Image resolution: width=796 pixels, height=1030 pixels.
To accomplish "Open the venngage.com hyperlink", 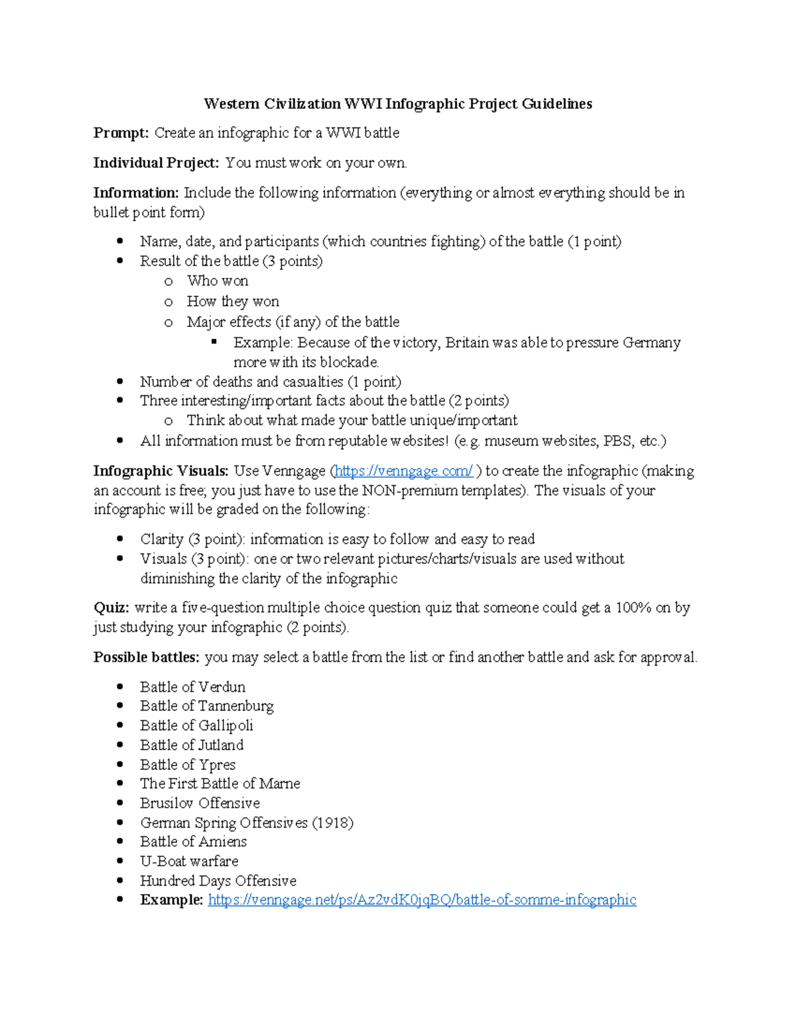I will point(404,471).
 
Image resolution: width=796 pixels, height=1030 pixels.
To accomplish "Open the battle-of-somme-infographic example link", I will point(422,900).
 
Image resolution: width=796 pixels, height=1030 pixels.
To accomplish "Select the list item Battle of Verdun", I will point(192,687).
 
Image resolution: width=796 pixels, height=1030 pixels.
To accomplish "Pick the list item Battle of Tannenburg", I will point(206,706).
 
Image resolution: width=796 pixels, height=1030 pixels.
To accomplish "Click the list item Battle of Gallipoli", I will point(196,726).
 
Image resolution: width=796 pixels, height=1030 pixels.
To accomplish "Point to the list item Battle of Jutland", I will point(192,745).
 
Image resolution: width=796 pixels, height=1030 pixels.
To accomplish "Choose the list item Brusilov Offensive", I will point(200,803).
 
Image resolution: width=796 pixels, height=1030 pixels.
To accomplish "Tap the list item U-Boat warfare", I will point(189,862).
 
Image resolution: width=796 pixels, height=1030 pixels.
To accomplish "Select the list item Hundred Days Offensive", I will point(218,881).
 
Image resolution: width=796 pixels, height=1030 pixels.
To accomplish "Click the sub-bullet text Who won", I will point(218,281).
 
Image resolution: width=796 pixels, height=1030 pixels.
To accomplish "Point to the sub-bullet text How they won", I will point(233,302).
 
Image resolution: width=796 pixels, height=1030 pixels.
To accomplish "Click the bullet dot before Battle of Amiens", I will point(120,842).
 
